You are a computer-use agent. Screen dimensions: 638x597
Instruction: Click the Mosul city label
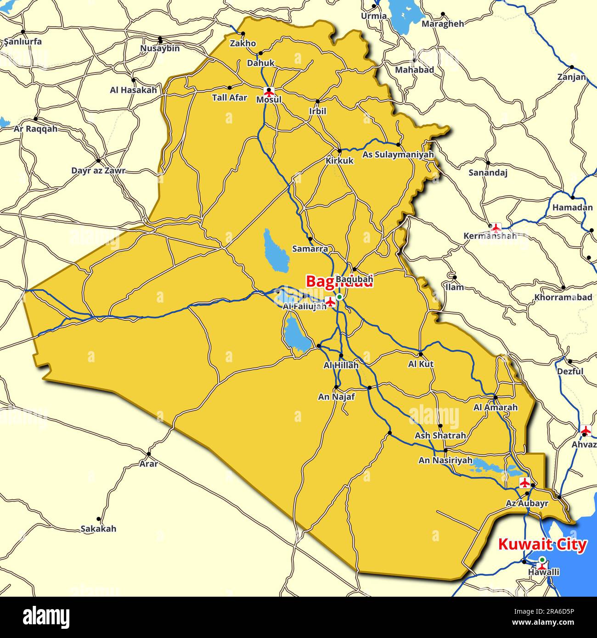[269, 100]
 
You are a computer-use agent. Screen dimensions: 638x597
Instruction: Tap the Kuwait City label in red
[542, 545]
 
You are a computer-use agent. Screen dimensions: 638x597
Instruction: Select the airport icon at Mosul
[269, 91]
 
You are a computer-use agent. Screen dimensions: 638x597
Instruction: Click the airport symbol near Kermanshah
[495, 227]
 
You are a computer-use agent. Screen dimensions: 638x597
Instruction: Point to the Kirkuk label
[340, 161]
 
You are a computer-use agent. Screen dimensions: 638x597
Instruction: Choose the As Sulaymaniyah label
[398, 155]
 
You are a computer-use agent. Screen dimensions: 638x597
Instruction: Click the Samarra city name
[310, 249]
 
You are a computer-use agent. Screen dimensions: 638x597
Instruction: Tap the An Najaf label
[337, 397]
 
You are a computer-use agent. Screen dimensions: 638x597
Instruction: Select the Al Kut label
[421, 364]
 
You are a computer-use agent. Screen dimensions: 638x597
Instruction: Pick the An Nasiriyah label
[445, 460]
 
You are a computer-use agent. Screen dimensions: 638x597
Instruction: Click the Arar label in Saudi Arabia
[149, 464]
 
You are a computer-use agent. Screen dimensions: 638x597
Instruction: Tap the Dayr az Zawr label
[98, 171]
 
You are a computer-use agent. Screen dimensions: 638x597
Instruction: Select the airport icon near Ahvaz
[586, 431]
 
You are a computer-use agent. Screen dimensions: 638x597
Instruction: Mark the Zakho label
[243, 43]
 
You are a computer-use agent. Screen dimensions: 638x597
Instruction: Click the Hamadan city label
[572, 207]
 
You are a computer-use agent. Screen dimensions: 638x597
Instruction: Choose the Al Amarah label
[496, 407]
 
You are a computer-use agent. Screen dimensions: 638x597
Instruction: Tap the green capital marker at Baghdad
[339, 297]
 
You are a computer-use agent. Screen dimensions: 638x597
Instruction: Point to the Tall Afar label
[230, 97]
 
